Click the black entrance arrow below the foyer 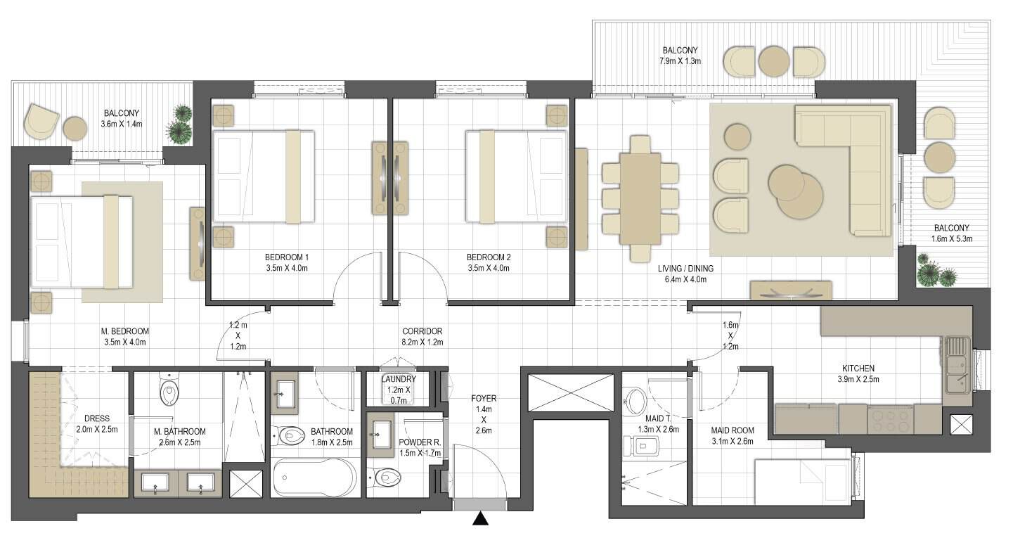pos(480,519)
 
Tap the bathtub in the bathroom pos(315,477)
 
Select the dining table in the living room pos(640,198)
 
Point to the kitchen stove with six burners pos(889,421)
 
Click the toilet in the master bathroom pos(169,391)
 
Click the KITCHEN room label pos(858,369)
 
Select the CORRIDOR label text pos(422,331)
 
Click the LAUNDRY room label pos(399,379)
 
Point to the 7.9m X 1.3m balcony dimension pos(680,61)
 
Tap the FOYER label pos(484,398)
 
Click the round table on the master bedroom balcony pos(75,129)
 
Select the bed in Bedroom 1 pos(264,177)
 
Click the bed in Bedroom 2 pos(517,177)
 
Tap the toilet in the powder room pos(385,476)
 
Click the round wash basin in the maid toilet pos(635,402)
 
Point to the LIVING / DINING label pos(685,269)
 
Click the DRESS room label pos(97,418)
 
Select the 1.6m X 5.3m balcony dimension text pos(952,239)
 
